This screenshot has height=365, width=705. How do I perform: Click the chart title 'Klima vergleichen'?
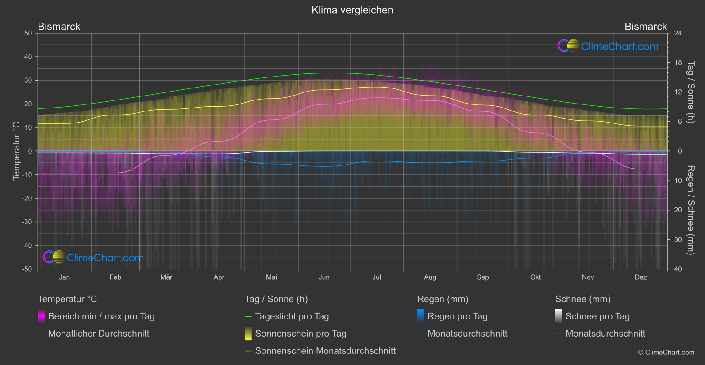pos(352,10)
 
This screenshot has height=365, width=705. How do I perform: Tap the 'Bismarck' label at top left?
pos(59,27)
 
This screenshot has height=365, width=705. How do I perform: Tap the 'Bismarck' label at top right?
pos(645,27)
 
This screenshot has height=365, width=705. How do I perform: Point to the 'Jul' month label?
pos(377,277)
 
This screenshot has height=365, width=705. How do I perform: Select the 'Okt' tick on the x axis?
pos(535,277)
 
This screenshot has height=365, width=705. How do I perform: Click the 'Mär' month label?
pos(166,277)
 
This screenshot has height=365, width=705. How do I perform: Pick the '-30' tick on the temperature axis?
pos(27,222)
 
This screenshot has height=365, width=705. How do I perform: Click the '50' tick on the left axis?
pos(28,33)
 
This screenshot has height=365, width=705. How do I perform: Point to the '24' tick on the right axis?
pos(678,33)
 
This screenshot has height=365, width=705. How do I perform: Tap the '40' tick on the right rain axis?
pos(678,269)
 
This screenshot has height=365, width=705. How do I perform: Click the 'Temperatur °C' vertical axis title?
pos(16,151)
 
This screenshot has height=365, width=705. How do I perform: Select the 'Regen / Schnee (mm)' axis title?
pos(690,210)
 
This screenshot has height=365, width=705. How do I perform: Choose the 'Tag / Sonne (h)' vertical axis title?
pos(690,92)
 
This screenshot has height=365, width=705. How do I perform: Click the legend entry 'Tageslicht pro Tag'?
pos(292,316)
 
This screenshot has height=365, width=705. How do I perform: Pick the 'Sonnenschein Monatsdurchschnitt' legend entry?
pos(325,351)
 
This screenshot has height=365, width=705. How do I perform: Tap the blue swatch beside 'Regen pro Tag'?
pos(421,316)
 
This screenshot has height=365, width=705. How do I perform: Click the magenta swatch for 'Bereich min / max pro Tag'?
pos(41,316)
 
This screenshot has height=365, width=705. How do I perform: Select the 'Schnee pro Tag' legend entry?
pos(597,316)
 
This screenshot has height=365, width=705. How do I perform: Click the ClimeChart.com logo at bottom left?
pos(93,257)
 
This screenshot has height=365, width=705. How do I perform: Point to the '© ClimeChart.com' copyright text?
pos(666,353)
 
